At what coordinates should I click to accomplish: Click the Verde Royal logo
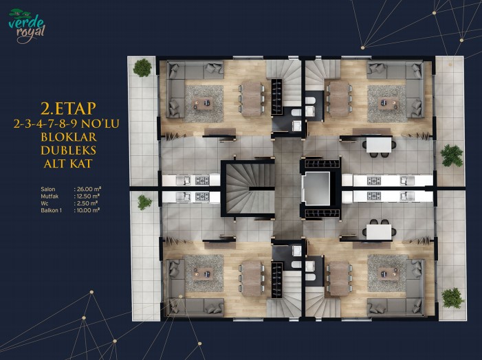[27, 26]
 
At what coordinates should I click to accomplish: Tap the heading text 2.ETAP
[68, 109]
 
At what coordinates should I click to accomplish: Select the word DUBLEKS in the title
[69, 150]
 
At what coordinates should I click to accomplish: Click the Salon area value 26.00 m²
[87, 189]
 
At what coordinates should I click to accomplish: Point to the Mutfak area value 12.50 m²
[87, 196]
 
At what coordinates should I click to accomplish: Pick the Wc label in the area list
[45, 203]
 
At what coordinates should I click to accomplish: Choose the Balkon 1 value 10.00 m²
[87, 210]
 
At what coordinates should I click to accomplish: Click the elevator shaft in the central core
[316, 188]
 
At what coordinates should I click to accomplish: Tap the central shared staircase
[250, 188]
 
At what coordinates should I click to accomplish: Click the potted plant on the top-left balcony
[142, 67]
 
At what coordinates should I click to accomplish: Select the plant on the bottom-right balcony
[452, 298]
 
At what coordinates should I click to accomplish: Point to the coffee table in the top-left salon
[203, 103]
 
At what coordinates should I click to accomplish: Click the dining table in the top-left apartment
[251, 99]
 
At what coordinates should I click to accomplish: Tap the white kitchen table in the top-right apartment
[379, 145]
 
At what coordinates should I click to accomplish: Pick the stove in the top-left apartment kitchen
[202, 180]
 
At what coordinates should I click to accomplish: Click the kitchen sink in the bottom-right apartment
[406, 196]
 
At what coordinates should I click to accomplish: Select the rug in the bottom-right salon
[386, 273]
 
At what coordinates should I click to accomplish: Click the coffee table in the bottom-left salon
[203, 273]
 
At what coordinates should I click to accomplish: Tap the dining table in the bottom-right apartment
[339, 278]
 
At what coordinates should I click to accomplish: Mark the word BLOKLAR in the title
[69, 137]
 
